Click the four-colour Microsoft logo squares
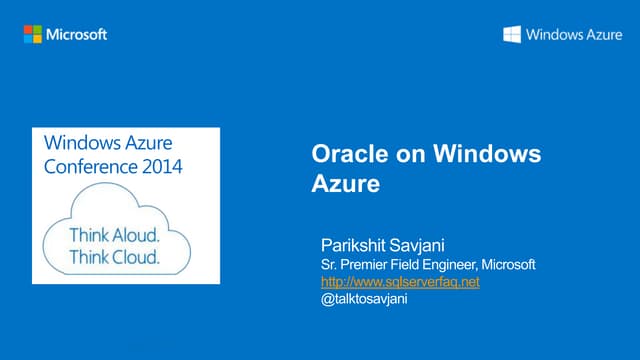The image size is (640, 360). [x=34, y=34]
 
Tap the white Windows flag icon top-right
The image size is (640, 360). [x=511, y=35]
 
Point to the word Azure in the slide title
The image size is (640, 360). [x=342, y=184]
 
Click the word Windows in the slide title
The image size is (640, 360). [x=488, y=154]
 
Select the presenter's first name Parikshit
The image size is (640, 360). [x=351, y=245]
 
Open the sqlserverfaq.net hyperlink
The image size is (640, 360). [x=393, y=282]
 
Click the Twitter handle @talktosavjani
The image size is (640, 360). [x=357, y=300]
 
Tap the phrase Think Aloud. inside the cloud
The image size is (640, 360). [x=114, y=237]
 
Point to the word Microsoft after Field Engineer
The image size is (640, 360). [x=509, y=264]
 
